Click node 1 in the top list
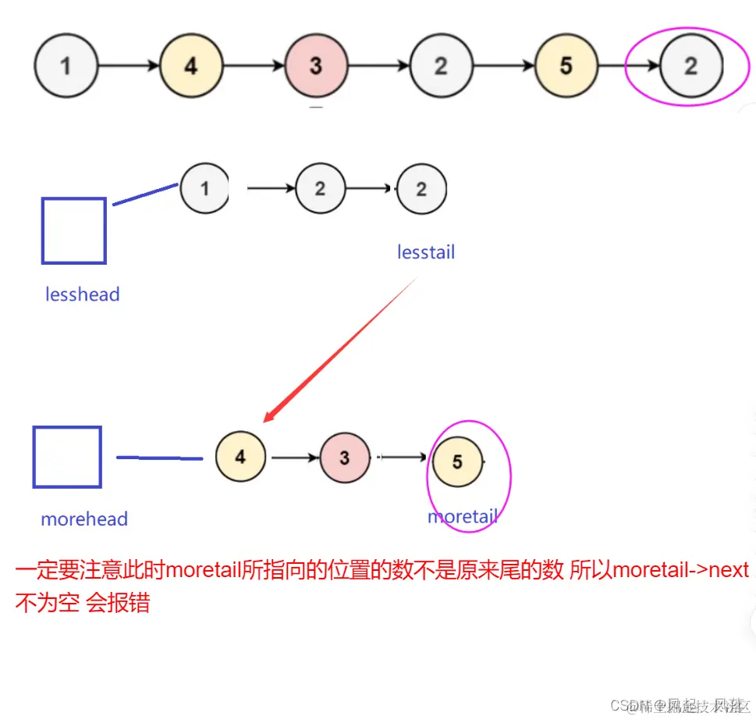click(66, 66)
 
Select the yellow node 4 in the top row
click(191, 66)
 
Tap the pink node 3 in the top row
click(316, 66)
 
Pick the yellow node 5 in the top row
click(566, 66)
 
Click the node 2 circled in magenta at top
click(690, 66)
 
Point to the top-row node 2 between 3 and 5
click(441, 66)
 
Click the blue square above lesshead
click(73, 230)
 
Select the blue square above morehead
click(67, 457)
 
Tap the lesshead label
click(82, 294)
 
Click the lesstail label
click(425, 252)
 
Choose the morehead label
click(83, 519)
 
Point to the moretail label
click(462, 516)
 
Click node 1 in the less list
click(204, 188)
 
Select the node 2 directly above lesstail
click(421, 188)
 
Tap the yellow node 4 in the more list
click(240, 457)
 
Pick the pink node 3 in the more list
click(345, 458)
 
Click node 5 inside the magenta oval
click(457, 462)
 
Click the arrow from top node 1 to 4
click(129, 66)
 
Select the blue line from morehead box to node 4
click(159, 458)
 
